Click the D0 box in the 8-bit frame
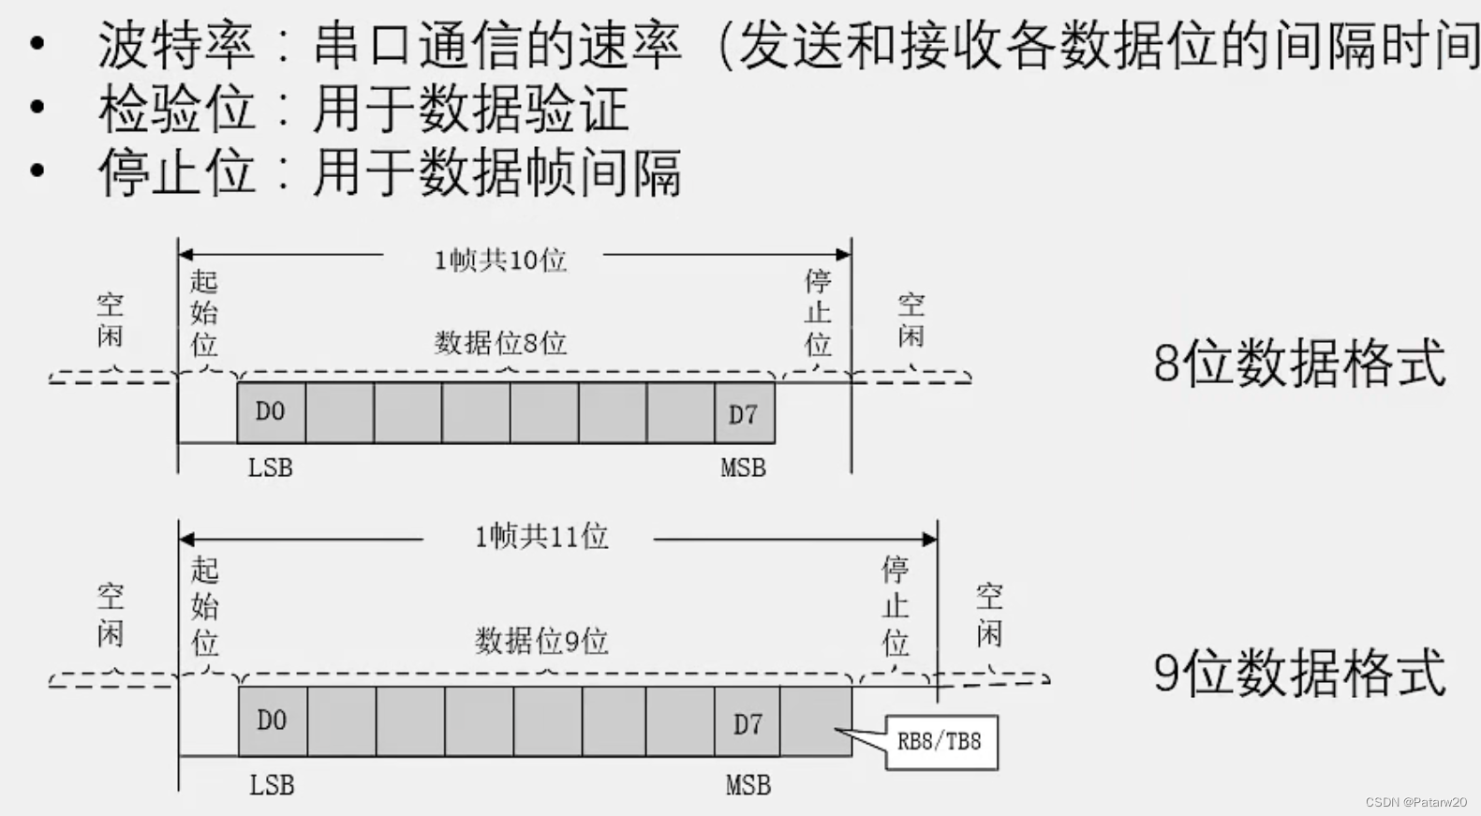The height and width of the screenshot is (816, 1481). [x=271, y=411]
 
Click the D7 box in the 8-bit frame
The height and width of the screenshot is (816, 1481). [x=744, y=413]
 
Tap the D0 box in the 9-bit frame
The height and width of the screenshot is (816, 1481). [x=272, y=720]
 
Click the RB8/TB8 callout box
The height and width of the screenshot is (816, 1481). [x=940, y=743]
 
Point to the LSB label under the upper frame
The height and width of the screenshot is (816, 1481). [x=270, y=467]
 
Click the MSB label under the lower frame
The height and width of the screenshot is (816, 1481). [x=748, y=785]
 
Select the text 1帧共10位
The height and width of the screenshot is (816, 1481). [x=500, y=260]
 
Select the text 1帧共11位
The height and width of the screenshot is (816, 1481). [x=541, y=537]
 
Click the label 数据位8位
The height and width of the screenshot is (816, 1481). [x=500, y=343]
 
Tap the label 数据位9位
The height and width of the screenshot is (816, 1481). [x=541, y=642]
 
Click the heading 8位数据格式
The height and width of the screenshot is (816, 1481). [x=1299, y=363]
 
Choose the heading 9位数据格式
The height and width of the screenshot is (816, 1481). [x=1299, y=673]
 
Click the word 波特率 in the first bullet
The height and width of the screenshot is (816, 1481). [x=176, y=45]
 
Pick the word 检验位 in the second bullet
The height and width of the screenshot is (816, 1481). [x=176, y=110]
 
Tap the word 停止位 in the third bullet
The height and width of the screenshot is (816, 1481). [x=176, y=172]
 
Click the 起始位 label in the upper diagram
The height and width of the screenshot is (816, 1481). [x=203, y=313]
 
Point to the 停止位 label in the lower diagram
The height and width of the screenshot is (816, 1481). [x=895, y=605]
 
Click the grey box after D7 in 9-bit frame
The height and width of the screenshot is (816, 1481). [x=816, y=721]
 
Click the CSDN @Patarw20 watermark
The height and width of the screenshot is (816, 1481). [x=1415, y=803]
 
